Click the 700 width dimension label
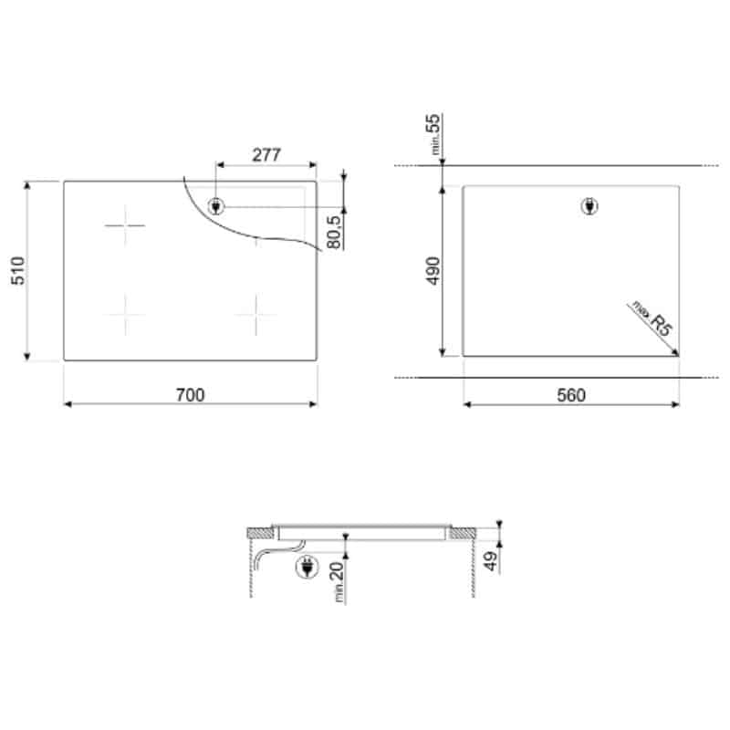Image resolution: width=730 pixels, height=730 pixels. coord(190,395)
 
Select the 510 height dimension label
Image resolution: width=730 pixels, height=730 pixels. coord(18,270)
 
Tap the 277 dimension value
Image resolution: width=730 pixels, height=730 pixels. coord(266,154)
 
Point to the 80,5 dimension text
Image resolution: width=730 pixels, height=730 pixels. coord(334,232)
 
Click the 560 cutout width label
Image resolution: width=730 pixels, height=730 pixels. coord(571,395)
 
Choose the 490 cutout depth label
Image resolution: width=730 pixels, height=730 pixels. coord(433,270)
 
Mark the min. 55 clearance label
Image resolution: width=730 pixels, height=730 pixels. coord(433,134)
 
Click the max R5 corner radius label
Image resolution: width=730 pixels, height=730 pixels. coord(652,318)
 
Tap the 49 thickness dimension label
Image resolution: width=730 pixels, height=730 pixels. coord(490,561)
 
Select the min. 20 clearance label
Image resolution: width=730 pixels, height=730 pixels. coord(338,582)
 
